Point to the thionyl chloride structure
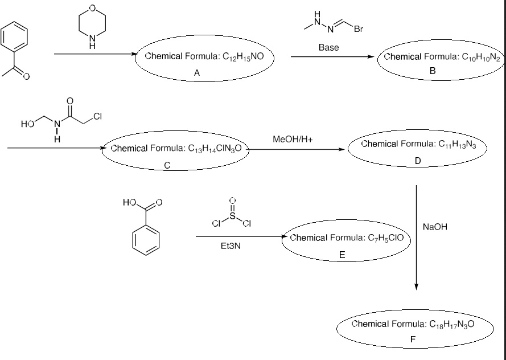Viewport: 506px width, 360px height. pyautogui.click(x=232, y=215)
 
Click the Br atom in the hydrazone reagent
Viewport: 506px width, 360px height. pyautogui.click(x=359, y=30)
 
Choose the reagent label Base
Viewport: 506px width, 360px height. pyautogui.click(x=328, y=48)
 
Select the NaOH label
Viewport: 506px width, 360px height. pyautogui.click(x=435, y=227)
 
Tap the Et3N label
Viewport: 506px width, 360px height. pyautogui.click(x=231, y=247)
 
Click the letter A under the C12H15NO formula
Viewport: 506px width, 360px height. pyautogui.click(x=196, y=73)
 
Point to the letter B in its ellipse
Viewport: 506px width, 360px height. pyautogui.click(x=432, y=70)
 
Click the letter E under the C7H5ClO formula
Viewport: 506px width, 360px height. pyautogui.click(x=342, y=255)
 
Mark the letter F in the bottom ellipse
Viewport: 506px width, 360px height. pyautogui.click(x=413, y=339)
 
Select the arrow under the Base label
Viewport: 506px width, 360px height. pyautogui.click(x=332, y=56)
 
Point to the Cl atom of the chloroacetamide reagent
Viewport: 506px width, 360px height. pyautogui.click(x=97, y=117)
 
